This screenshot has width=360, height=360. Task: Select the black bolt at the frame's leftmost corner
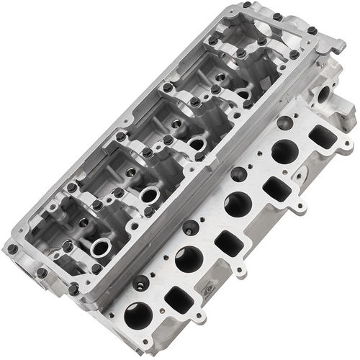12,248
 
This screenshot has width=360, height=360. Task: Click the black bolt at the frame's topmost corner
247,5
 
